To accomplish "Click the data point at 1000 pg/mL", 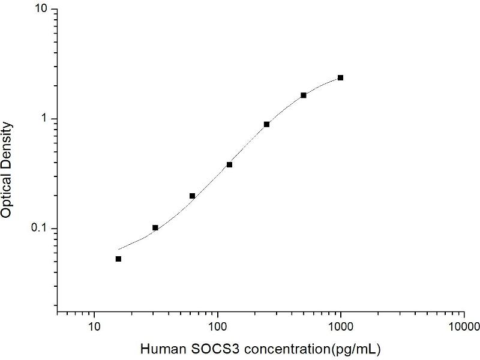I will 341,77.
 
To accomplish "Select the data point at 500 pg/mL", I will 304,95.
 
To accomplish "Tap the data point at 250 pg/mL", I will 266,124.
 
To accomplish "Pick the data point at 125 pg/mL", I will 229,164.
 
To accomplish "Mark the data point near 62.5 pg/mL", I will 192,196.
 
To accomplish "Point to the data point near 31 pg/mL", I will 155,227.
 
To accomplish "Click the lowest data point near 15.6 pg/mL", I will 118,259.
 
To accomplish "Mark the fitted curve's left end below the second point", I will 119,248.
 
